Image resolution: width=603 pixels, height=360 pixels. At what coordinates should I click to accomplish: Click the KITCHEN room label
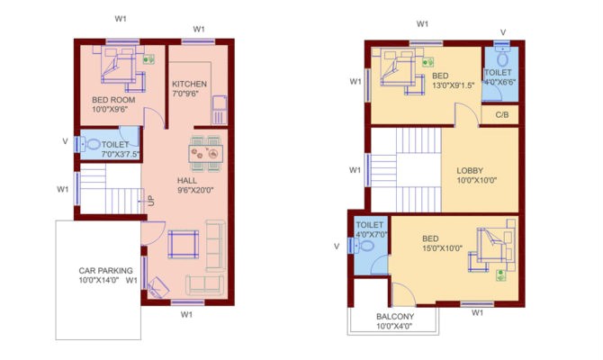tap(190, 84)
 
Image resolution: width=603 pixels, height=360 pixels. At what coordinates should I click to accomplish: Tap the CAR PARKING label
tap(105, 270)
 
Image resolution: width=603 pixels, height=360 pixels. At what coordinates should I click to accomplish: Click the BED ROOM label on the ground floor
tap(113, 100)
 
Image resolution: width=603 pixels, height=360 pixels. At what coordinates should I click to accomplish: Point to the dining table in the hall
tap(205, 153)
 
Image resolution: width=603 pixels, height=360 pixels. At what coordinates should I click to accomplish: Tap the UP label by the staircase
tap(151, 200)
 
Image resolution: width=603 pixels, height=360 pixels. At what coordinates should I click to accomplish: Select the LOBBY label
tap(470, 170)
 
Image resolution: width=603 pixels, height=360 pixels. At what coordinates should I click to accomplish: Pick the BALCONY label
tap(395, 316)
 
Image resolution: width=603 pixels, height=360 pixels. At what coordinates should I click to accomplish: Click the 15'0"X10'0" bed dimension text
tap(442, 248)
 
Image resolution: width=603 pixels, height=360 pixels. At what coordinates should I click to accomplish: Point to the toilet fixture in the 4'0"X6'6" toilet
tap(502, 53)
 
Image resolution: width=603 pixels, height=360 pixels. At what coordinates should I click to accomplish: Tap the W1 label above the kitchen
tap(197, 28)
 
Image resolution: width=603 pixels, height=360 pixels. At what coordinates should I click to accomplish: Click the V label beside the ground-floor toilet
tap(64, 141)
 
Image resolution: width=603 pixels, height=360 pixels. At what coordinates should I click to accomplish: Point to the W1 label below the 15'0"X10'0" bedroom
tap(478, 313)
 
